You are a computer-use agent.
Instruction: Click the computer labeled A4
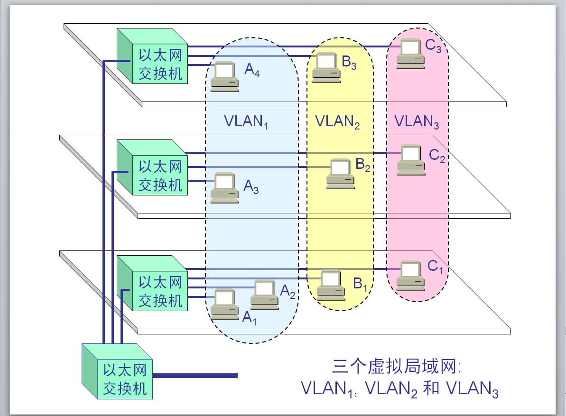tap(224, 76)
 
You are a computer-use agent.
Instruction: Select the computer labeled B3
tap(326, 67)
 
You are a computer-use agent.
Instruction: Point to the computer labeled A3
tap(224, 188)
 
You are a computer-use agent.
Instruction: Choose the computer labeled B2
tap(341, 174)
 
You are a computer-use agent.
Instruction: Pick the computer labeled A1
tap(224, 304)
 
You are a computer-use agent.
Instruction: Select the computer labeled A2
tap(264, 295)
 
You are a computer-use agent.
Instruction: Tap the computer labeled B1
tap(331, 284)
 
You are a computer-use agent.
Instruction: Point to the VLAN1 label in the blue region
tap(246, 122)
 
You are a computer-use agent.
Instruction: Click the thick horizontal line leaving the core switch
tap(195, 376)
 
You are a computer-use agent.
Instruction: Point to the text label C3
tap(433, 46)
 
